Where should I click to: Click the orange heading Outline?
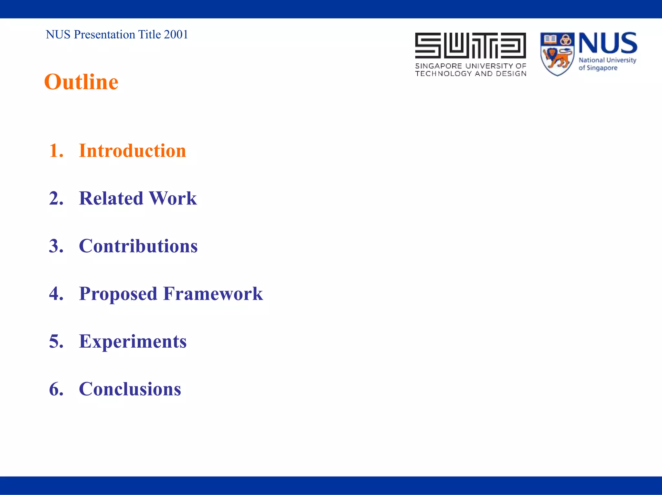tap(81, 82)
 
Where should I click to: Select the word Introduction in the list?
tap(132, 151)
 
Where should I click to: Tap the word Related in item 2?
tap(111, 198)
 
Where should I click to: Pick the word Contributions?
tap(138, 246)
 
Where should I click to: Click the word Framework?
tap(213, 294)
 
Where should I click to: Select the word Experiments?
tap(133, 342)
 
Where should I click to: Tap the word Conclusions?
tap(130, 389)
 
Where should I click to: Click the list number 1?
tap(55, 151)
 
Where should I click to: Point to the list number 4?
tap(56, 294)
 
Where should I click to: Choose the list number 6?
tap(56, 389)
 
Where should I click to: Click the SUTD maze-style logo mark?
tap(470, 45)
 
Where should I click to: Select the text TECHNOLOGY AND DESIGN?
tap(470, 74)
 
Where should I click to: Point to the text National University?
tap(607, 60)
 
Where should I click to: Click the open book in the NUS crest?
tap(550, 39)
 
